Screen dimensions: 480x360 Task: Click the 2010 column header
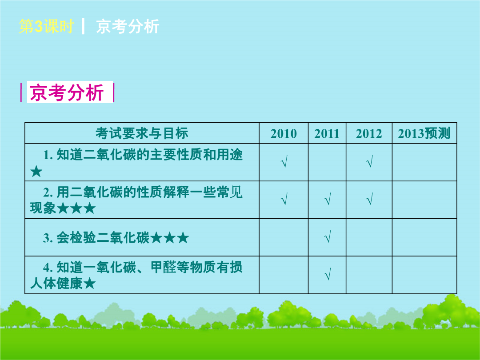[284, 133]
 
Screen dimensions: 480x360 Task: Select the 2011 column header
[327, 133]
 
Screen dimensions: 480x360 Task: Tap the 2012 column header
[369, 133]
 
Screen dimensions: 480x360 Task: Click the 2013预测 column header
[424, 133]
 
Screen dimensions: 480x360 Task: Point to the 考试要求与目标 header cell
[142, 133]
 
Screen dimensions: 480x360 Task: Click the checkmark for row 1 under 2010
[284, 161]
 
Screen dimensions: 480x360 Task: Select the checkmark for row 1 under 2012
[369, 161]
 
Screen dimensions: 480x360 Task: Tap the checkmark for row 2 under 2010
[284, 199]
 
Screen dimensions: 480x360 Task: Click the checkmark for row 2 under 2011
[328, 199]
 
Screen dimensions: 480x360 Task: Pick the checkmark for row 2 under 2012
[369, 199]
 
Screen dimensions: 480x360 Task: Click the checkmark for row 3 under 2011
[328, 236]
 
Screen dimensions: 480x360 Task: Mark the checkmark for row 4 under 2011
[328, 274]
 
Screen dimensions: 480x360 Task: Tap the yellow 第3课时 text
[46, 26]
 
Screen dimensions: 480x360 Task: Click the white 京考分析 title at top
[128, 26]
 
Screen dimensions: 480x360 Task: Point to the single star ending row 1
[36, 172]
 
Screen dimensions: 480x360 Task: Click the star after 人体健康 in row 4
[90, 284]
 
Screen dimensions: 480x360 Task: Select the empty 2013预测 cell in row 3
[424, 237]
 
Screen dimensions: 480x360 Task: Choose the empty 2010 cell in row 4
[284, 275]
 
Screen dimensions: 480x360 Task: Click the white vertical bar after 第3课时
[83, 26]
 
